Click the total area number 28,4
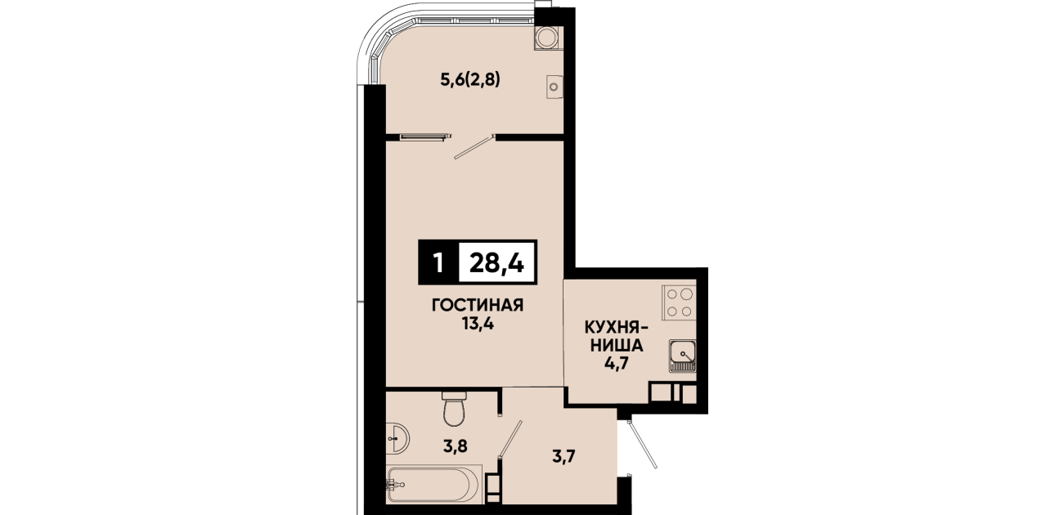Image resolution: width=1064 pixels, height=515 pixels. point(496,263)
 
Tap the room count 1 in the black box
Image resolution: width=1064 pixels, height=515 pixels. point(438,263)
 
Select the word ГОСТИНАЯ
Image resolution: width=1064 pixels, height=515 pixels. point(478,305)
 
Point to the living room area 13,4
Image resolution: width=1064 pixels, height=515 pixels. point(478,324)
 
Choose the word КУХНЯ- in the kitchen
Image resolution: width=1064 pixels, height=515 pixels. point(617,328)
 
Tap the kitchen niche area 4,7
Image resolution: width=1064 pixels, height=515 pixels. point(617,363)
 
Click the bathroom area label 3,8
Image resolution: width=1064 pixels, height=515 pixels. point(455,446)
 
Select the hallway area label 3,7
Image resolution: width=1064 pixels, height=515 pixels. point(563,457)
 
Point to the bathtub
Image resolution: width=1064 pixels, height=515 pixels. point(433,484)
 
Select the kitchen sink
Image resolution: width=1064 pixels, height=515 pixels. point(683,356)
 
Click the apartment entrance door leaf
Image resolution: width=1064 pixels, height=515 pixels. point(641,444)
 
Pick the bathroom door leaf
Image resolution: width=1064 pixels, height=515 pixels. point(510,439)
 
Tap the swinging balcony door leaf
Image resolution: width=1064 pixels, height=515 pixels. point(474,147)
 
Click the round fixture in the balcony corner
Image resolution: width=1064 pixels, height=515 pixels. point(547,38)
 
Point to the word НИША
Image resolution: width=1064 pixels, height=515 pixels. point(617,346)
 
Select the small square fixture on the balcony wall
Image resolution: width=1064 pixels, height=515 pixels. point(554,87)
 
